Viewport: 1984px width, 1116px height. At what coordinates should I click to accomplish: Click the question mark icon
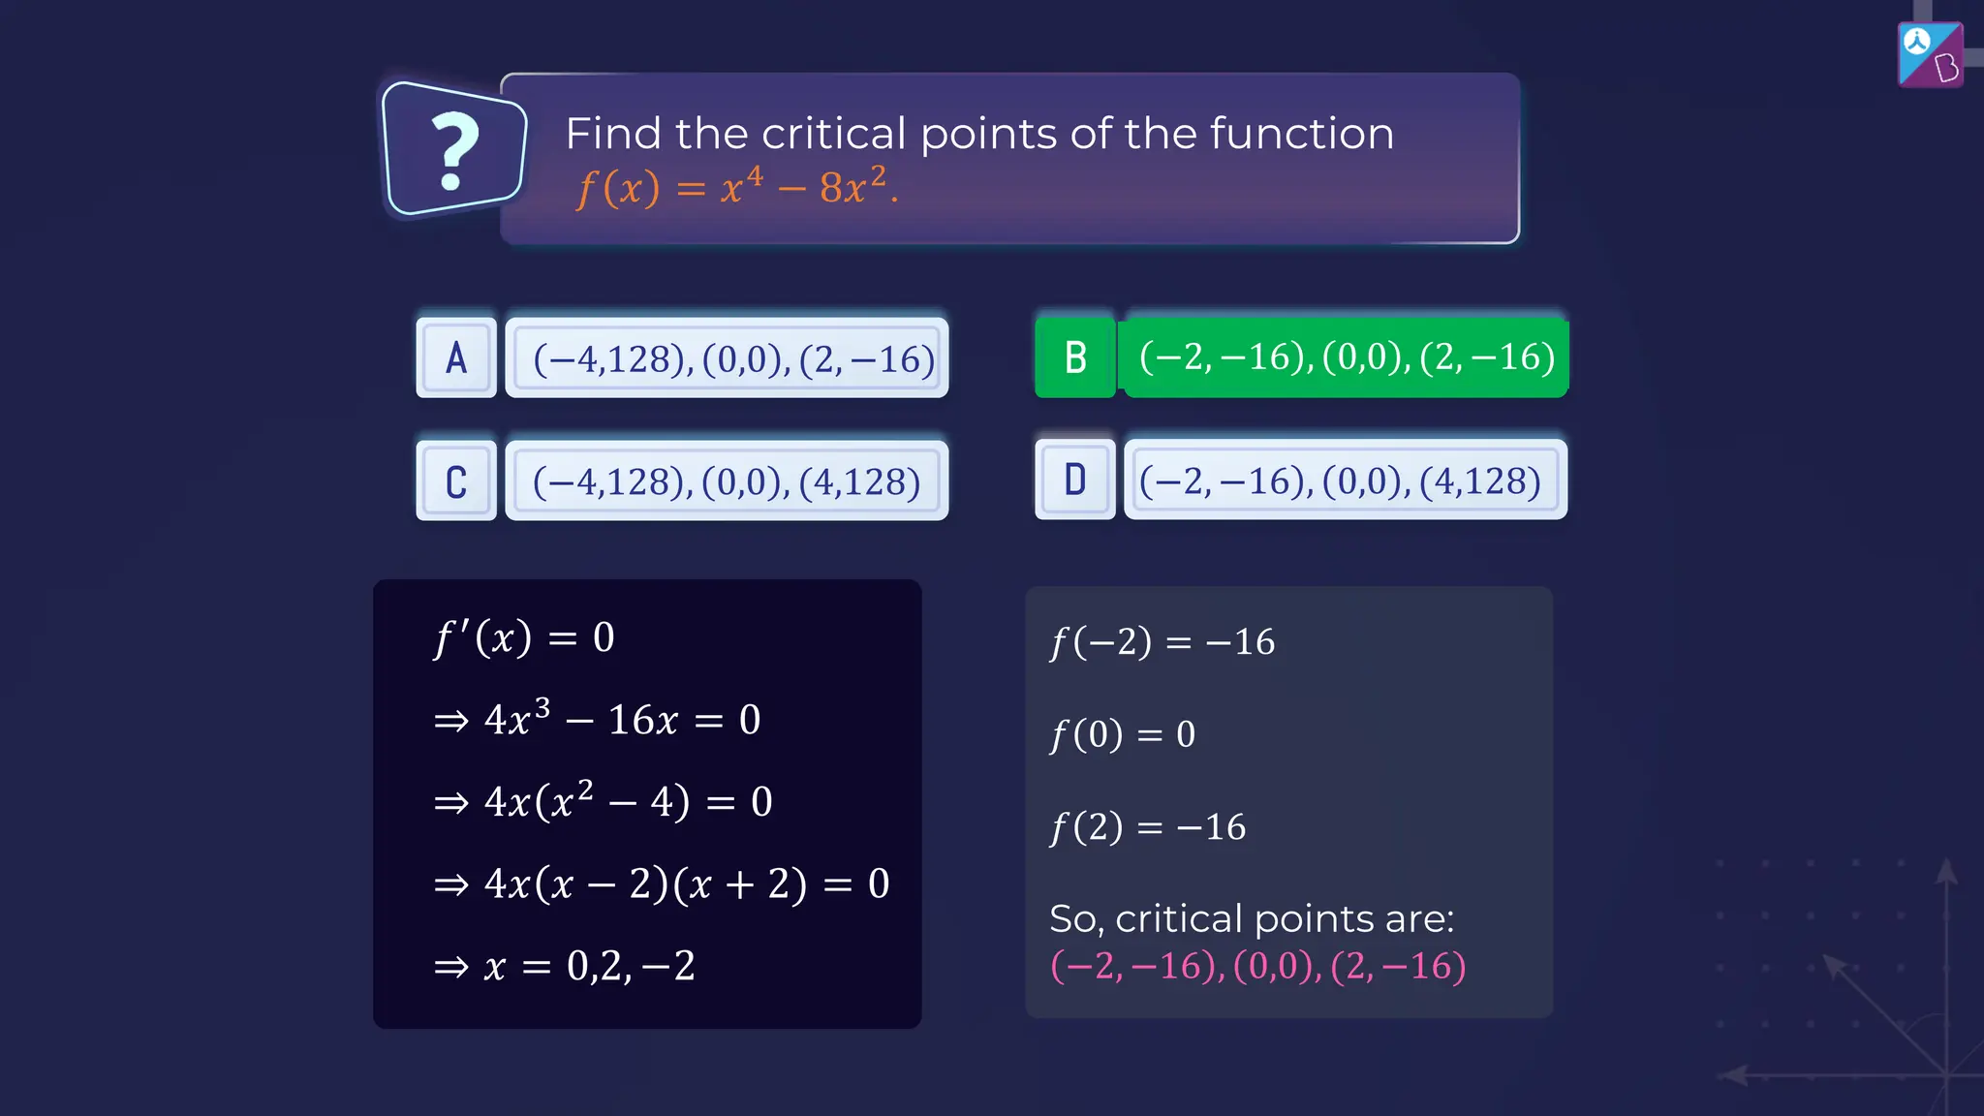pyautogui.click(x=453, y=150)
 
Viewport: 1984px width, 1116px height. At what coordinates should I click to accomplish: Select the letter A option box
pyautogui.click(x=456, y=358)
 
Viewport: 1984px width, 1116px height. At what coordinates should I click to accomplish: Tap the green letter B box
pyautogui.click(x=1075, y=357)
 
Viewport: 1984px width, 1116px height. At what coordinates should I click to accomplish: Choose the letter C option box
pyautogui.click(x=456, y=481)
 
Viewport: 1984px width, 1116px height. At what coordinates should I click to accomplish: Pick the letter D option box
pyautogui.click(x=1075, y=480)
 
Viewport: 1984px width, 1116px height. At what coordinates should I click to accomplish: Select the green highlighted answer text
pyautogui.click(x=1347, y=357)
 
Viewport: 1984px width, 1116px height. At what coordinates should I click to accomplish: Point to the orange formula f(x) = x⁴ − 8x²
pyautogui.click(x=736, y=186)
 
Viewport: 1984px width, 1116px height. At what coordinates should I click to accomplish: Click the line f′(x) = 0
pyautogui.click(x=524, y=637)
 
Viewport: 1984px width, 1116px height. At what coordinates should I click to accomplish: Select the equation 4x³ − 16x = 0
pyautogui.click(x=598, y=719)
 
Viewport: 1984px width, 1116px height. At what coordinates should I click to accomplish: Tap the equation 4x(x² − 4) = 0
pyautogui.click(x=603, y=801)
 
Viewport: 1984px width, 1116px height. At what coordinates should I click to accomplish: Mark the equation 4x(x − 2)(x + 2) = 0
pyautogui.click(x=662, y=883)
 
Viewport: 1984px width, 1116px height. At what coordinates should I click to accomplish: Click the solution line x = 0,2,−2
pyautogui.click(x=565, y=966)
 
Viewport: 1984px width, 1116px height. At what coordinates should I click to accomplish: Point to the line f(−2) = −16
pyautogui.click(x=1162, y=642)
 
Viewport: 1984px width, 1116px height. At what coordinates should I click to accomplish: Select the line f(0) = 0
pyautogui.click(x=1123, y=734)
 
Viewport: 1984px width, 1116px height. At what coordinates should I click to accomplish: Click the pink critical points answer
pyautogui.click(x=1257, y=967)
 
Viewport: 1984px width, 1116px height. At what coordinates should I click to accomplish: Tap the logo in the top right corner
pyautogui.click(x=1930, y=54)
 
